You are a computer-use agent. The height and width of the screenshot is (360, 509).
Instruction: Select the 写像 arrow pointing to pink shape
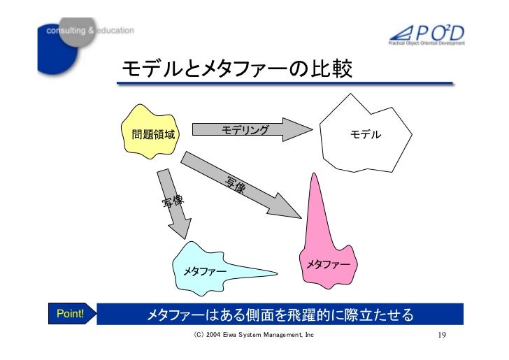click(245, 185)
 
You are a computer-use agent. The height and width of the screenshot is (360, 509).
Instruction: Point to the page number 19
click(441, 336)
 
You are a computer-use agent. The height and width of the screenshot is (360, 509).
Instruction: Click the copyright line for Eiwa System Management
click(254, 336)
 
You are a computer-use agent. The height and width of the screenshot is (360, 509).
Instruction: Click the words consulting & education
click(90, 31)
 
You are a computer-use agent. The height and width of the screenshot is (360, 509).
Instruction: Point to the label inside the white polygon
click(366, 134)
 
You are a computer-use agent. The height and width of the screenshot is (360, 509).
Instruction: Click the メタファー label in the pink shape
click(328, 264)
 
